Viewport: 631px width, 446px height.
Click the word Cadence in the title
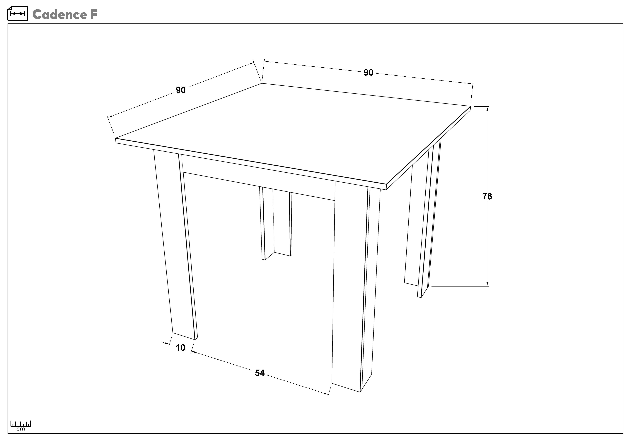(x=59, y=15)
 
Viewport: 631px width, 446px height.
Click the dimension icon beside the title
(x=18, y=13)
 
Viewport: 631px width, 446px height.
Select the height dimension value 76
(x=487, y=196)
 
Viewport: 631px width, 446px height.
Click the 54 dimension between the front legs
(x=260, y=373)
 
